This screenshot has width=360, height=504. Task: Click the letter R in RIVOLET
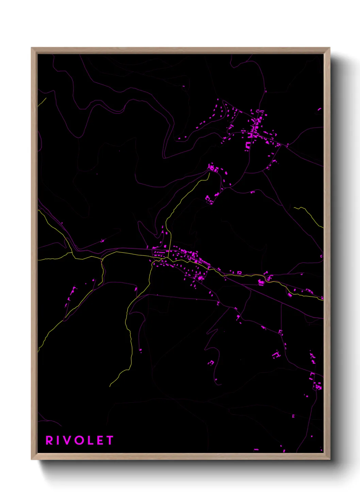tap(50, 440)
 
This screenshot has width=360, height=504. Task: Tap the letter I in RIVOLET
tap(60, 440)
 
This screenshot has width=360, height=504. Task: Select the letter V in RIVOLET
tap(69, 440)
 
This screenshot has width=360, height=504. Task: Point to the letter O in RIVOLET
tap(80, 440)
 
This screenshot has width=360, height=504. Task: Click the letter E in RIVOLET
tap(100, 440)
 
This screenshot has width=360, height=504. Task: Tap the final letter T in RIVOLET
tap(110, 440)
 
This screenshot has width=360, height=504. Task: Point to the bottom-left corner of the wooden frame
tap(32, 459)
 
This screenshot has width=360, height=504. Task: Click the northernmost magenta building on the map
tap(183, 86)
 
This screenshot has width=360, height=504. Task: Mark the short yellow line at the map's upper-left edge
tap(42, 102)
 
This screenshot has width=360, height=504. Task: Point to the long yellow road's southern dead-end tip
tap(110, 386)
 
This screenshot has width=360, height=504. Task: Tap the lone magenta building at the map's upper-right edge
tap(319, 109)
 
